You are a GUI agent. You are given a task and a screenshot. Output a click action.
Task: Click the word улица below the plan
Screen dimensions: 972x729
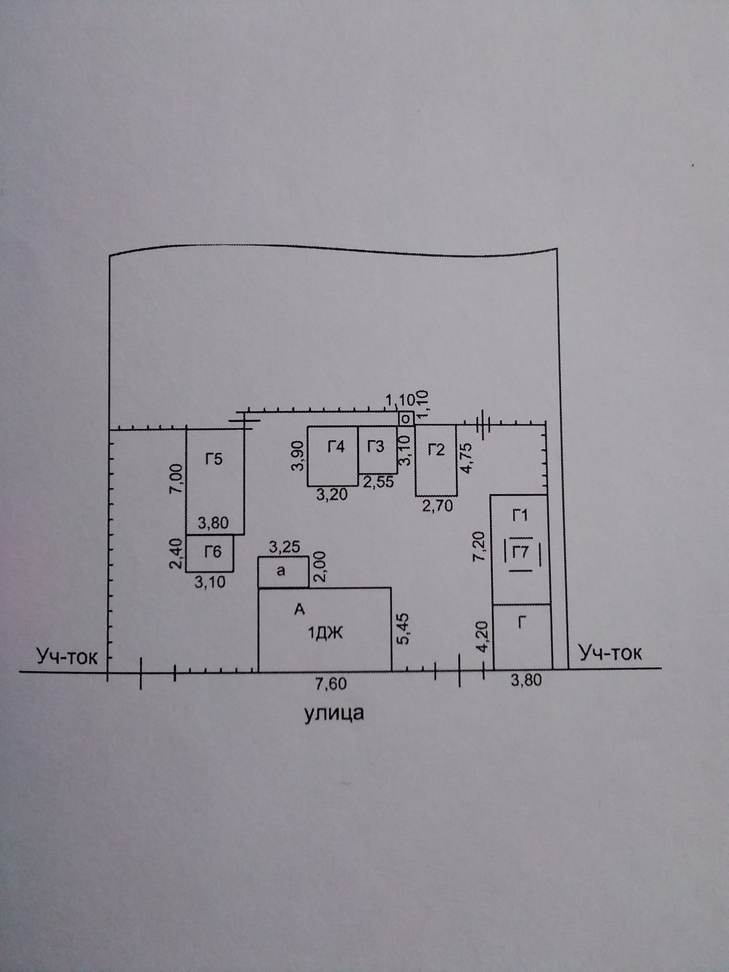[334, 713]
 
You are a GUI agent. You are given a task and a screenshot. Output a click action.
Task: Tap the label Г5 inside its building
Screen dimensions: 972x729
[214, 460]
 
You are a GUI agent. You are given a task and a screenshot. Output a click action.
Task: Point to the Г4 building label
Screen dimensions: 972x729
[336, 447]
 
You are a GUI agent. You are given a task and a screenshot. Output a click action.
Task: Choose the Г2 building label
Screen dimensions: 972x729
[436, 450]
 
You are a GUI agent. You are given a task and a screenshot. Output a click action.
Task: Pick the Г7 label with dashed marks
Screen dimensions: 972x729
[521, 552]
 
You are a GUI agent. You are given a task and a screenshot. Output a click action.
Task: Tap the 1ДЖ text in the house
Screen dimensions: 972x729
[324, 634]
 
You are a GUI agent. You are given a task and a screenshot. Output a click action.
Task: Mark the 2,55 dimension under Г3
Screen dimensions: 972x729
[378, 481]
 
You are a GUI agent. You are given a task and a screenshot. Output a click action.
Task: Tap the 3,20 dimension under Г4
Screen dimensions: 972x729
[332, 495]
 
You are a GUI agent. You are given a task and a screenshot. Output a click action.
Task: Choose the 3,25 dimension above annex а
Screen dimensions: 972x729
[284, 548]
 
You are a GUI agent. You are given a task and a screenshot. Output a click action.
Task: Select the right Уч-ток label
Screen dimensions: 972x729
[611, 653]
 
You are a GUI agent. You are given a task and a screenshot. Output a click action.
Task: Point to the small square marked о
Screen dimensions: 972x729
[407, 418]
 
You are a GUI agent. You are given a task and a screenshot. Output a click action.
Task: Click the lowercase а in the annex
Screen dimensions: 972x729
[281, 571]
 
